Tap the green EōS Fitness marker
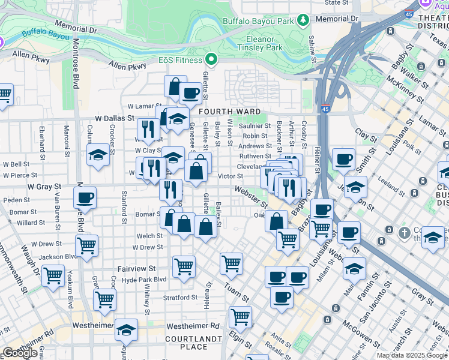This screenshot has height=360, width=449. pos(211,59)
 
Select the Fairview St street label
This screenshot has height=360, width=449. pos(136,269)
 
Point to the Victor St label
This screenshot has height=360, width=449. pos(230,176)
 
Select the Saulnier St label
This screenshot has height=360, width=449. pos(255,126)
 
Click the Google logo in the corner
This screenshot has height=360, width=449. pos(20,352)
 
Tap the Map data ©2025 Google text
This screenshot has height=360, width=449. pos(412,355)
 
